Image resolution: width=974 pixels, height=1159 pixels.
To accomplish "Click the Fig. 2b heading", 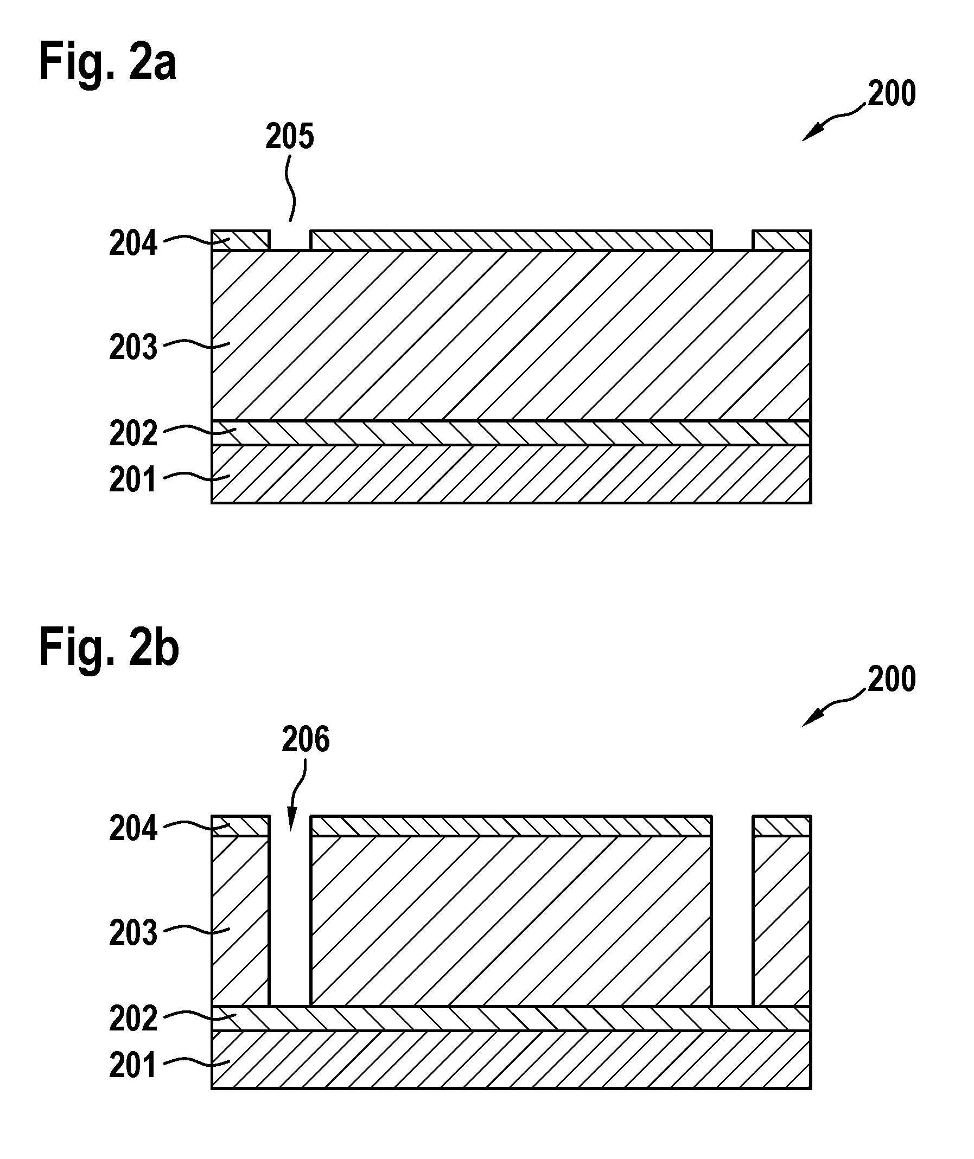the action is click(x=109, y=649).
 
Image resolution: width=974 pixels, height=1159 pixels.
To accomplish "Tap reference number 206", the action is click(x=305, y=739).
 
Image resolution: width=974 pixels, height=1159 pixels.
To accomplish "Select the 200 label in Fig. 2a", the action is click(x=892, y=93).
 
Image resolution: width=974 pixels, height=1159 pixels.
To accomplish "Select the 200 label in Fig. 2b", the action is click(x=892, y=678).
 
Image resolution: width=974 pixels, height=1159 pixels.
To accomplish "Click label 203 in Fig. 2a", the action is click(x=133, y=348).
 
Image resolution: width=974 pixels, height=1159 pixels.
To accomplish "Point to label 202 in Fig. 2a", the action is click(x=133, y=434).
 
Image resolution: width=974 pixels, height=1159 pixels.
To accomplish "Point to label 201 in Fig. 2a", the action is click(x=133, y=479).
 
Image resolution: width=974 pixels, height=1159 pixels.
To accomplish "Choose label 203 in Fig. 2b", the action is click(x=133, y=933).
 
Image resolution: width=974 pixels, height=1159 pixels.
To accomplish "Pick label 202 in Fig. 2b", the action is click(x=133, y=1019).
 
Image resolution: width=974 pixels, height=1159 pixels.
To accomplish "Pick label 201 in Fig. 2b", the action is click(x=133, y=1065).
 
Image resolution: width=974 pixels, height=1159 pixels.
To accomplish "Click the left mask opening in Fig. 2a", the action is click(x=290, y=240).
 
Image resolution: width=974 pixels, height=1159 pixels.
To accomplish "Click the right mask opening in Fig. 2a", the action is click(x=733, y=240).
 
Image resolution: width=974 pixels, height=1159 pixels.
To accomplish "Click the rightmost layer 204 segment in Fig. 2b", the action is click(x=782, y=825).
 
